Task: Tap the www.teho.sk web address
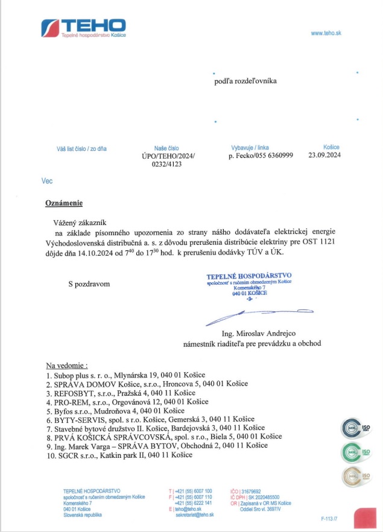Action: (x=326, y=33)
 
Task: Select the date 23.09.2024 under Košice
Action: (x=324, y=155)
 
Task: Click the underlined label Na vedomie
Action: (x=66, y=366)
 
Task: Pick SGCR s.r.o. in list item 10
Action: (x=74, y=454)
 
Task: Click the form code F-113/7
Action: (x=329, y=518)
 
